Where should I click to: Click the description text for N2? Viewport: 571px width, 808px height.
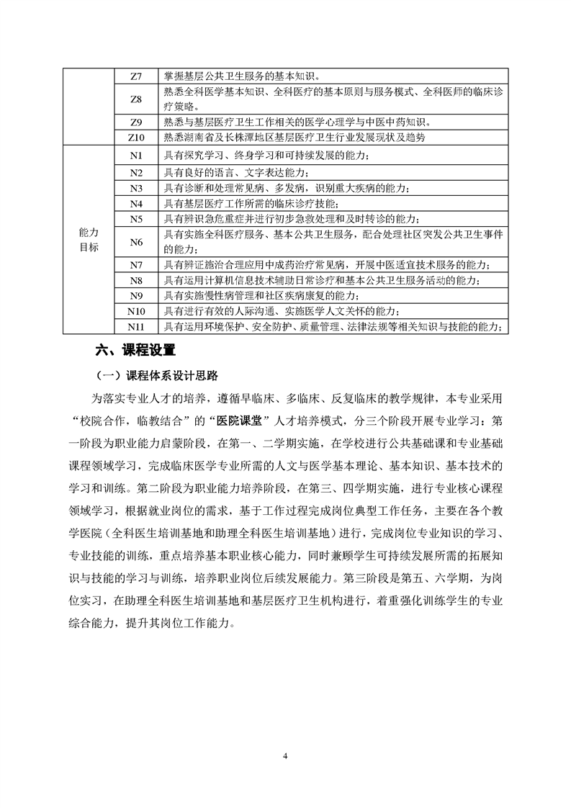click(x=236, y=172)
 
